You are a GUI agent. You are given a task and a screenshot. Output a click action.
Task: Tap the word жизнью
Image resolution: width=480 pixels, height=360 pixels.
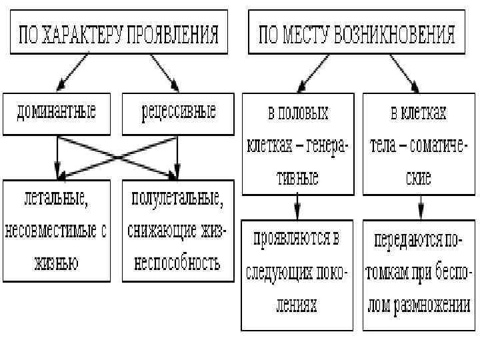[56, 262]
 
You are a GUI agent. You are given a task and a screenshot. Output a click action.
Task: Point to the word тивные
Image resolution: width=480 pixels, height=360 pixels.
[297, 177]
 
